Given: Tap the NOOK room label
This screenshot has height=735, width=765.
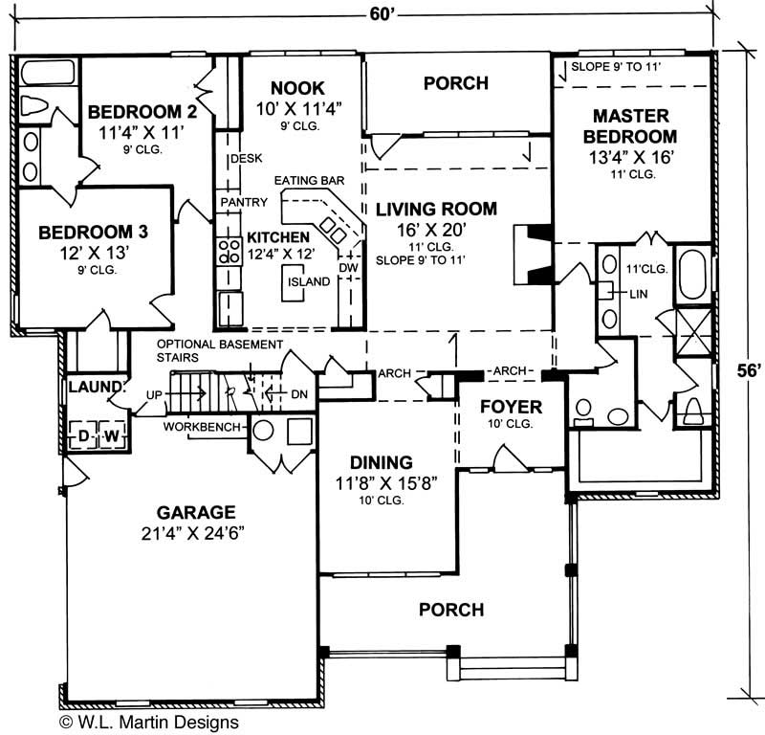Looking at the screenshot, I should [296, 86].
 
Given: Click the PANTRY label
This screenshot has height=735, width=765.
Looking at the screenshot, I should [237, 203].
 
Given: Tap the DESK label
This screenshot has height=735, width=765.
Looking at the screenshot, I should [238, 159].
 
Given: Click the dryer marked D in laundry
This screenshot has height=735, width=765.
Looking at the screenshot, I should [84, 435].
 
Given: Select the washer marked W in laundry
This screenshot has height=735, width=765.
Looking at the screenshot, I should [111, 435].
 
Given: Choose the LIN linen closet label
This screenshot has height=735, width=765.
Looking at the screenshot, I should [639, 294].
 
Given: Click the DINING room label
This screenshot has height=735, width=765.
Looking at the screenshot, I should [381, 461].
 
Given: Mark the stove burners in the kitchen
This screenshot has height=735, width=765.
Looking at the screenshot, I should [229, 251].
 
